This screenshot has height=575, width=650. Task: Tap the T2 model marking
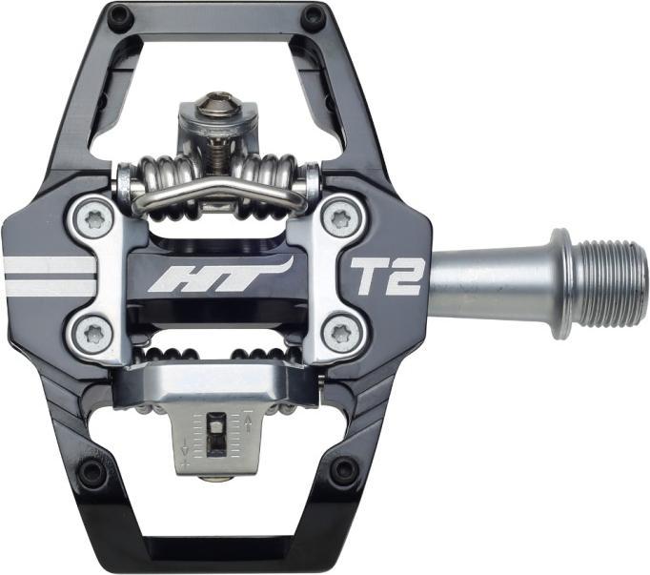[x=386, y=276]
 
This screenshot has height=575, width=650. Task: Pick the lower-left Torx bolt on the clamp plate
[x=94, y=334]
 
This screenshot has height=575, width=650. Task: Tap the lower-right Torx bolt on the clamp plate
[x=343, y=333]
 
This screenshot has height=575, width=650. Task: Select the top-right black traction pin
[x=314, y=16]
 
